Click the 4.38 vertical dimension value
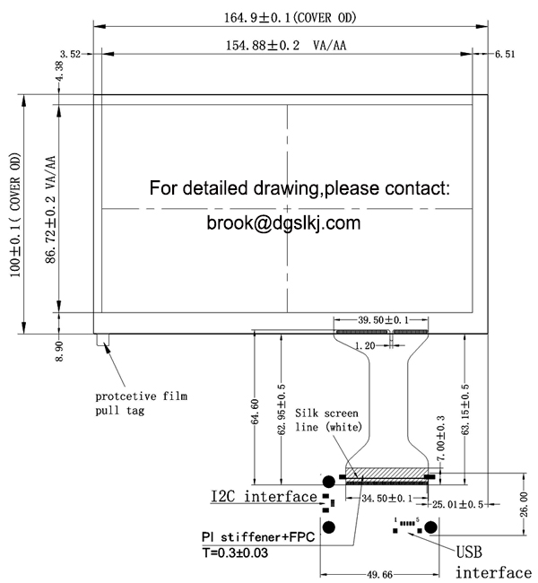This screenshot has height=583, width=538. pos(60,73)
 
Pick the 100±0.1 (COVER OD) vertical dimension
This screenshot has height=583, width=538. pos(15,214)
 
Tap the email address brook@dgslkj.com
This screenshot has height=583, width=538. pos(282,221)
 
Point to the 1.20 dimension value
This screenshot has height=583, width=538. pos(364,345)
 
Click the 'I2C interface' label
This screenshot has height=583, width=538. pos(264,496)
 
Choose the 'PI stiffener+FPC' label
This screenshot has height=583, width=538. pos(257,537)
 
